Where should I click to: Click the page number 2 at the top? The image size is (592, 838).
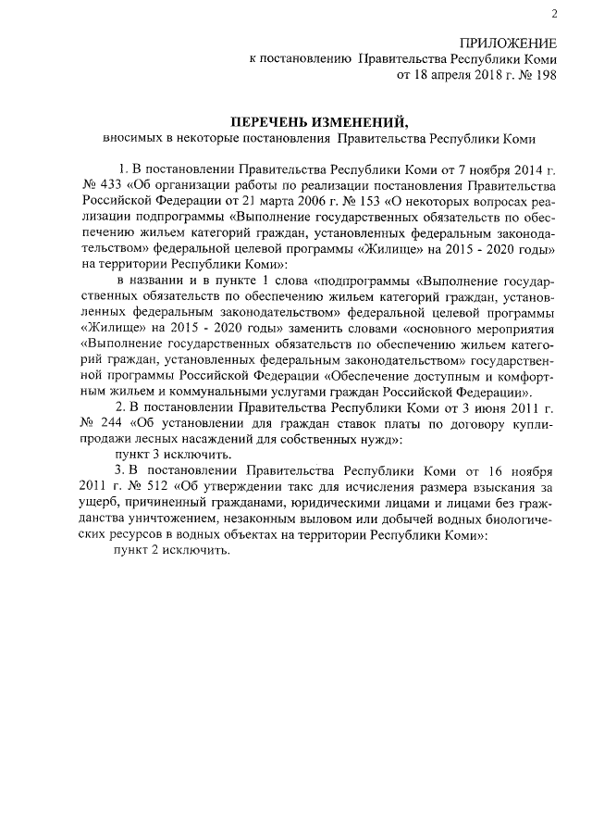[554, 13]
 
